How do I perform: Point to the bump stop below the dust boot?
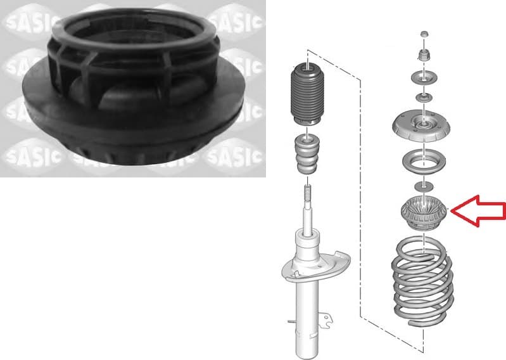(306, 156)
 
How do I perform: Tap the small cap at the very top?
(423, 34)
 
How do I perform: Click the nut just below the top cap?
(423, 54)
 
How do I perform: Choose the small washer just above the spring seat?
(423, 185)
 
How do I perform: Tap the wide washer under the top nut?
(423, 78)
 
